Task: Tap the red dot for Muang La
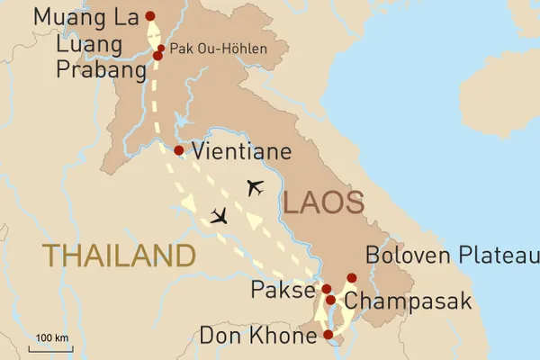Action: pos(149,15)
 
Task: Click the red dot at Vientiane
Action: pos(179,150)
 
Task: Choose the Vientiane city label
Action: pos(241,152)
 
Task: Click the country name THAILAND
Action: pos(119,255)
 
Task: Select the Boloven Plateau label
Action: pos(450,257)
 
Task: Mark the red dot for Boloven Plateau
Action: pos(352,277)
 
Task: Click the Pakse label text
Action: pos(285,291)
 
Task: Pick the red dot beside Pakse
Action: pos(327,290)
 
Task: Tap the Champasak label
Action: pos(407,301)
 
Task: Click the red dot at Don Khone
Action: pos(328,335)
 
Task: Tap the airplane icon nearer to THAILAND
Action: pos(219,216)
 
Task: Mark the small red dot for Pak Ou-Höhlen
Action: pos(161,49)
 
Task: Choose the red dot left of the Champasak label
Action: pos(331,301)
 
